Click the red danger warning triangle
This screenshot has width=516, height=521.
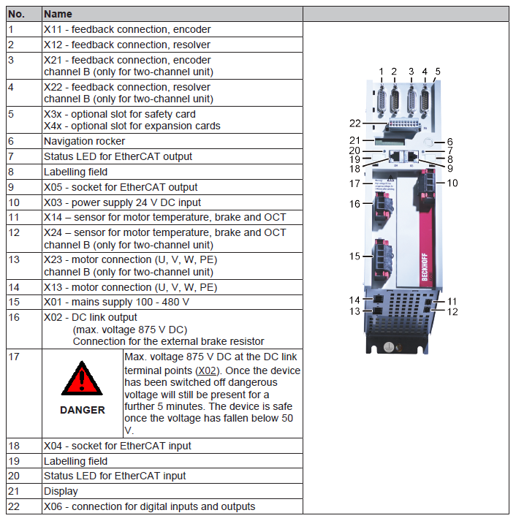click(x=82, y=379)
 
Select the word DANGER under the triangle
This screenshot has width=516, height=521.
click(x=82, y=410)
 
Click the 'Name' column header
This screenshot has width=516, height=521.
click(x=58, y=14)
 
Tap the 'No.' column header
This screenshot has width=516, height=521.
click(x=17, y=14)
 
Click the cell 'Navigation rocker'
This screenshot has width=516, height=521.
click(x=84, y=141)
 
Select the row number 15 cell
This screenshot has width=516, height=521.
click(x=14, y=302)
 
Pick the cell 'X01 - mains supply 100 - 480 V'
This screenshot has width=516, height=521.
click(x=116, y=302)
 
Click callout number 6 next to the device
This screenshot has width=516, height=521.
click(x=450, y=142)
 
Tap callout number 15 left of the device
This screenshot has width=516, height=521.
click(x=355, y=256)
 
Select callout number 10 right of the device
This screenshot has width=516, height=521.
click(x=452, y=183)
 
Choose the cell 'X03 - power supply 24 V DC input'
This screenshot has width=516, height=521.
click(x=122, y=202)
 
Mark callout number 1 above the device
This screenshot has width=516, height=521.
click(x=382, y=71)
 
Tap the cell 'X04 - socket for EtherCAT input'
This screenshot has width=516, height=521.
click(x=117, y=446)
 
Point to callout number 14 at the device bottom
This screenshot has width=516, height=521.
click(x=355, y=300)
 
